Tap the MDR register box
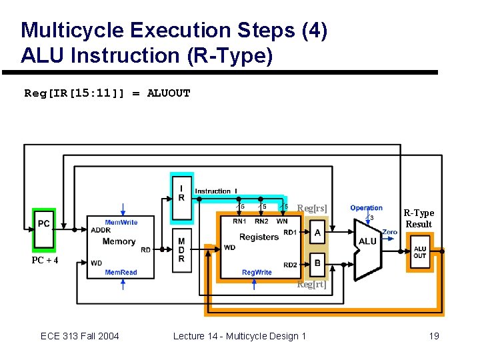tap(181, 250)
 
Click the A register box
tap(317, 233)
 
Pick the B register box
tap(317, 263)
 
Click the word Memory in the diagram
tap(119, 241)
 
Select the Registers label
tap(259, 237)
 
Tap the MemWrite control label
tap(121, 222)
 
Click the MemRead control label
tap(121, 272)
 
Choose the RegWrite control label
tap(257, 272)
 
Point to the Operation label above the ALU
tap(366, 208)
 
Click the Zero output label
tap(390, 232)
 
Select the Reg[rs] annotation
tap(312, 209)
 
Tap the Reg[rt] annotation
tap(312, 285)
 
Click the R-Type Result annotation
tap(419, 219)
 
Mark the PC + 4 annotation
tap(45, 260)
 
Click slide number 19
tap(434, 336)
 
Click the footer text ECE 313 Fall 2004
tap(80, 336)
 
